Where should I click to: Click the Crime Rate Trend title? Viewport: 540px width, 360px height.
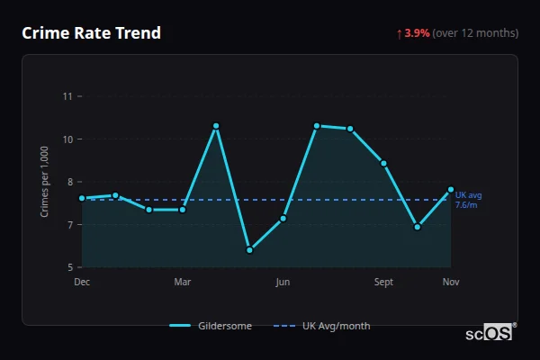91,33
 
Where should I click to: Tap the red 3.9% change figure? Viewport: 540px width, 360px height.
417,33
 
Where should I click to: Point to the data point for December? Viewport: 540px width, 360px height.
82,198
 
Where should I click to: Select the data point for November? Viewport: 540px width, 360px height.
451,189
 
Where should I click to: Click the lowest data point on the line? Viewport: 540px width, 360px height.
249,250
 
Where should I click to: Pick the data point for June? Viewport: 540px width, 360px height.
283,219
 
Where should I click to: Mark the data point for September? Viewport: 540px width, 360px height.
383,163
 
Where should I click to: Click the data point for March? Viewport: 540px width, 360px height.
183,210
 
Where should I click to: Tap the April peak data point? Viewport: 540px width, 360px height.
216,126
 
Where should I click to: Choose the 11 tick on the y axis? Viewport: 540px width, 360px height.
67,96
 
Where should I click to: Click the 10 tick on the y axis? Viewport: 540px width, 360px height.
67,139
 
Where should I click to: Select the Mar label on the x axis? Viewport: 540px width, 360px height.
183,283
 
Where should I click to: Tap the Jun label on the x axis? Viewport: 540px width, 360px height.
283,283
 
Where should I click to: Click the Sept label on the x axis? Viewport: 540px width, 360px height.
383,283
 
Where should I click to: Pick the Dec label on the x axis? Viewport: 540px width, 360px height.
82,283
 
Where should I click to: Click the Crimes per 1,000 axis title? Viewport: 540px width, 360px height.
45,182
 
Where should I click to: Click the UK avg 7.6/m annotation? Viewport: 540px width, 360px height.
468,200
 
